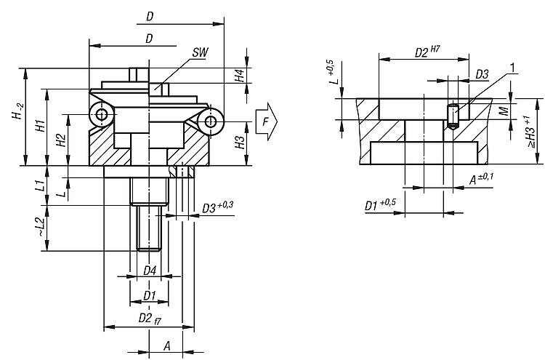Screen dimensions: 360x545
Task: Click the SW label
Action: (201, 54)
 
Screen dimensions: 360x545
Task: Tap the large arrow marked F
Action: (267, 124)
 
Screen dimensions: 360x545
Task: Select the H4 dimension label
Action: (239, 76)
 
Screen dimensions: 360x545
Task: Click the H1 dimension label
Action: (41, 126)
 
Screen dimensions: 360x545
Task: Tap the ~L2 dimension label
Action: (39, 227)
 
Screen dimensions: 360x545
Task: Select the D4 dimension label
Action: (149, 271)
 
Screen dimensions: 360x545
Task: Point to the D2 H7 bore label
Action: (426, 52)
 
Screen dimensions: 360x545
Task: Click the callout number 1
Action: (513, 68)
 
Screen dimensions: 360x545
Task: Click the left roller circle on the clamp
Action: (101, 114)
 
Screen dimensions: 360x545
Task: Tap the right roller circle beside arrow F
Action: (212, 121)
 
